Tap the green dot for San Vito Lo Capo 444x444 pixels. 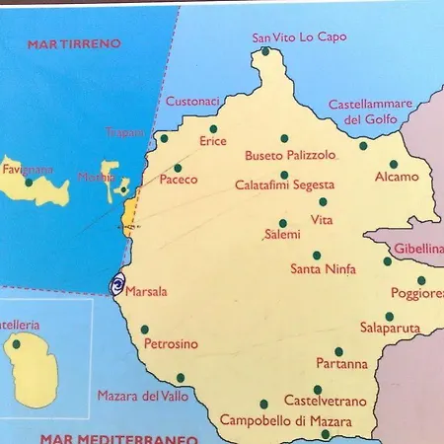tap(264, 51)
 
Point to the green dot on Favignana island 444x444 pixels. tap(29, 183)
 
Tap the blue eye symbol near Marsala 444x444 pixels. tap(117, 286)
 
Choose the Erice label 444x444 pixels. tap(213, 142)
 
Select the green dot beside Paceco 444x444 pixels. tap(178, 168)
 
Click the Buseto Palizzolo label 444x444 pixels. tap(290, 155)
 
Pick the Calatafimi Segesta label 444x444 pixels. tap(284, 185)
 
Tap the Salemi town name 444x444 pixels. tap(283, 235)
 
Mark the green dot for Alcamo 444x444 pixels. tap(393, 165)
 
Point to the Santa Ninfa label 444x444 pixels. tap(323, 267)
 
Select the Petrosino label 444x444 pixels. tap(171, 343)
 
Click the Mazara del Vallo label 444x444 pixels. tap(142, 396)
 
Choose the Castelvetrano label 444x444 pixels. tap(325, 401)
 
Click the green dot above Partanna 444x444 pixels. tap(338, 351)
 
